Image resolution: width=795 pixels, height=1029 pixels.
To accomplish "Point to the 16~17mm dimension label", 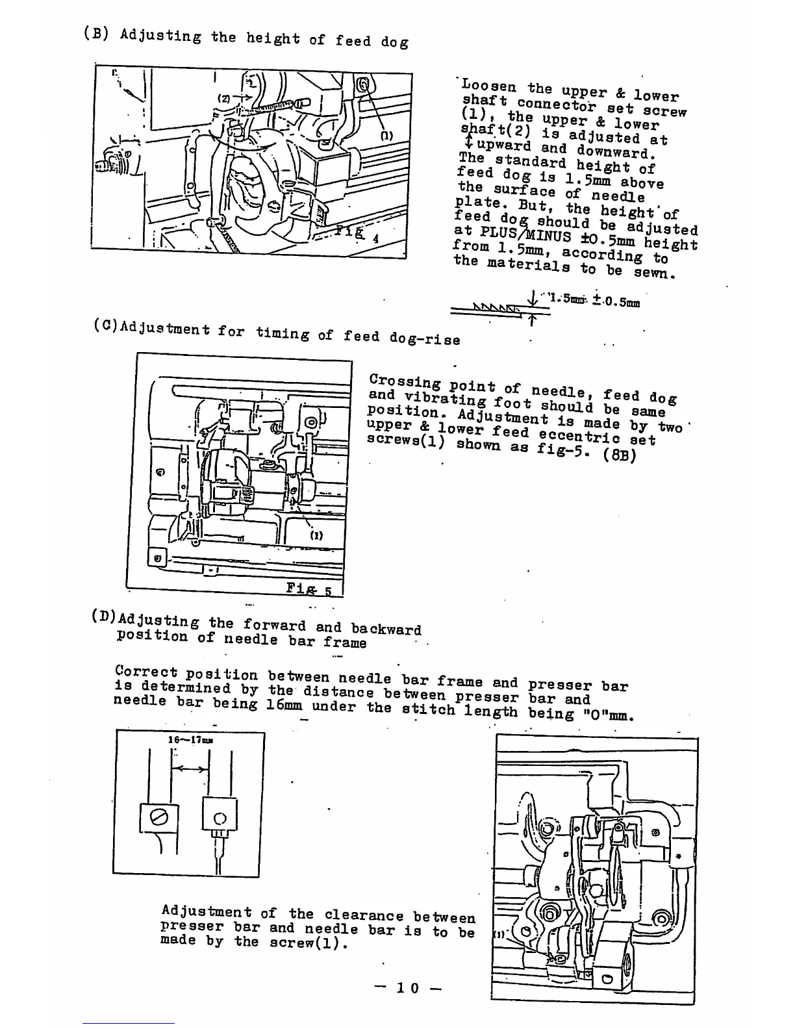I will pos(190,739).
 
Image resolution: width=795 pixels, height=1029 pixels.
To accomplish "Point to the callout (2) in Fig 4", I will pos(223,99).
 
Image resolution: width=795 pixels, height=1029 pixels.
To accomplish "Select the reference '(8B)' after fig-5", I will pos(620,454).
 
